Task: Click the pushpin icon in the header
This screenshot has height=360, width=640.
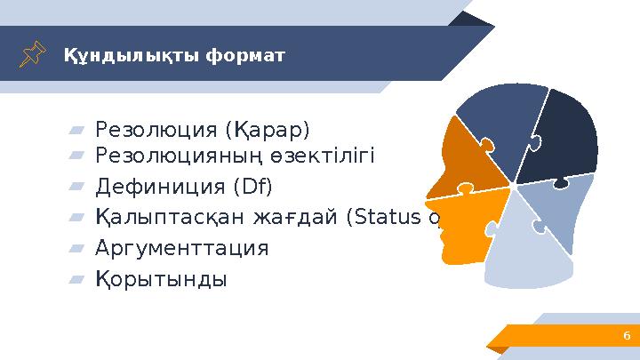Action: [x=35, y=54]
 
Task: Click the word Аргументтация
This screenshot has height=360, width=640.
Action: [x=181, y=247]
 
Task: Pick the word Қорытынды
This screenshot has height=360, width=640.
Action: [x=161, y=278]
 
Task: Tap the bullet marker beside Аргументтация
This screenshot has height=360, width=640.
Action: [x=76, y=248]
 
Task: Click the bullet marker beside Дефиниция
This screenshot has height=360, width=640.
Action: [x=76, y=188]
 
